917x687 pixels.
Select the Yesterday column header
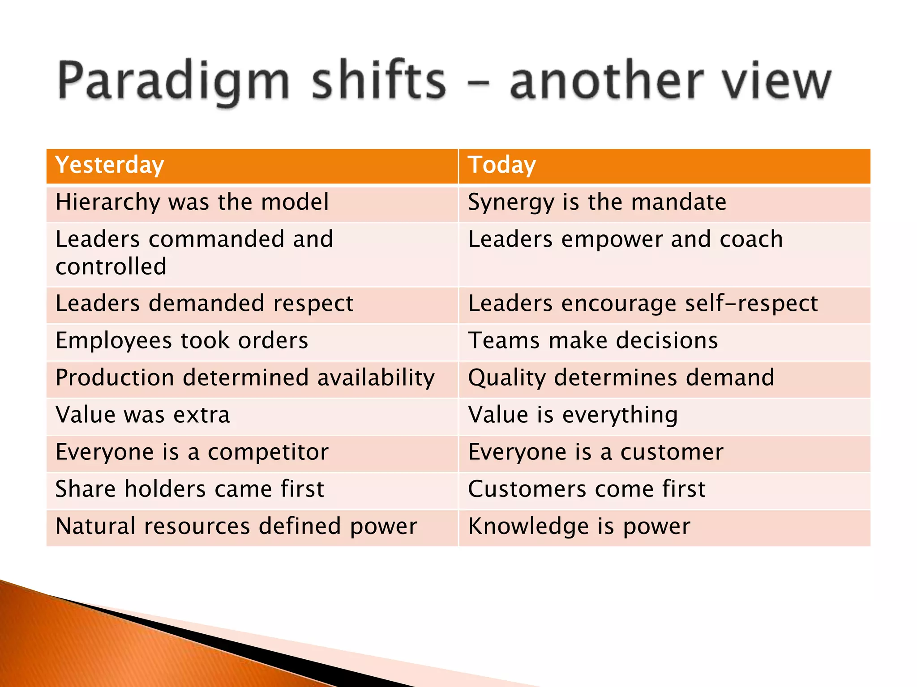(x=110, y=165)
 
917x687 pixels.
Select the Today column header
(x=501, y=165)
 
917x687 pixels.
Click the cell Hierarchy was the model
(x=192, y=202)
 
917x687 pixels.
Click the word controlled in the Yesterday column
(x=111, y=267)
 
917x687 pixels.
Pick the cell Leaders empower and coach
(x=625, y=239)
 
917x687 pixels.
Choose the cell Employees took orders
(x=182, y=341)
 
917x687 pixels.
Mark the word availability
(x=376, y=378)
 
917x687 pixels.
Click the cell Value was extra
(x=143, y=415)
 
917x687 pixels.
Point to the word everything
(x=620, y=416)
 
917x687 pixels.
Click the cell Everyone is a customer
(x=596, y=452)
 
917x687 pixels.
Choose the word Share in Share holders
(x=85, y=489)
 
